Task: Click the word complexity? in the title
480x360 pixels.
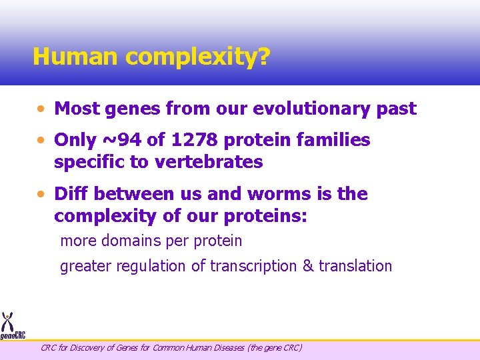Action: click(197, 58)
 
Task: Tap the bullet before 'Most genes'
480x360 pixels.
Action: click(42, 109)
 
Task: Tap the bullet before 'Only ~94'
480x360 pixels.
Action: click(42, 141)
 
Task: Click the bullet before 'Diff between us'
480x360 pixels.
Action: click(42, 194)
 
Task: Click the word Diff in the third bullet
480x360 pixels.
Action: click(71, 194)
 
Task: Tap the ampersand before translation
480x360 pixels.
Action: click(307, 266)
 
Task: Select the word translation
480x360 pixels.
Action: click(355, 266)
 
